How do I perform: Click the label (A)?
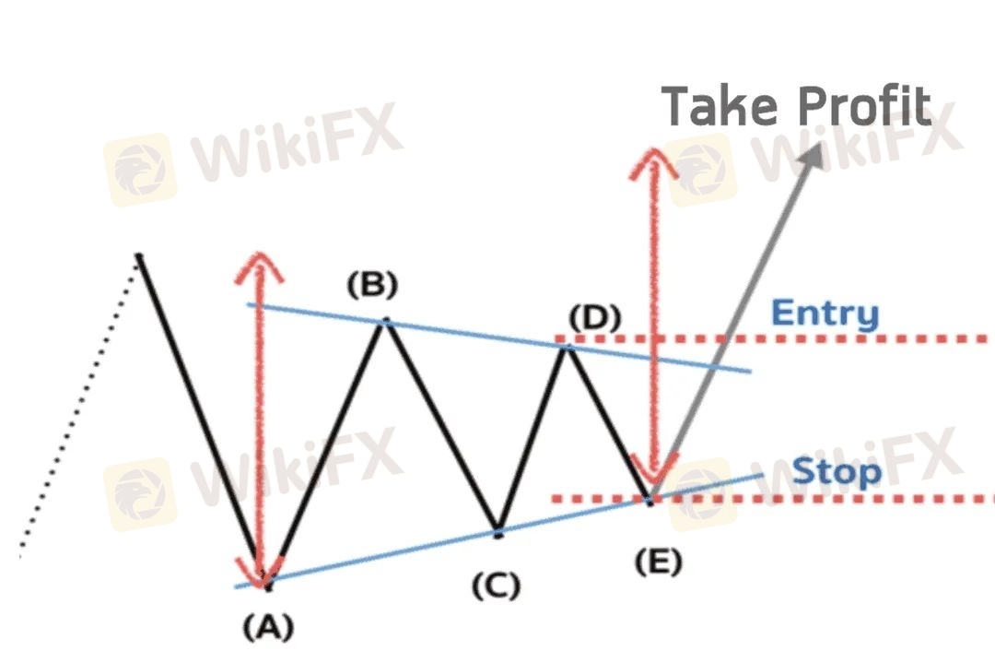coord(268,628)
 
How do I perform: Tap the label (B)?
coord(372,286)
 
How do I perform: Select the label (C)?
coord(497,586)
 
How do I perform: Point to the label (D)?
coord(595,319)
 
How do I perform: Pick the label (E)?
coord(658,562)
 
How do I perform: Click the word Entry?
coord(825,314)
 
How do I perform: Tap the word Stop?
coord(837,472)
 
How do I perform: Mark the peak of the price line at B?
coord(386,321)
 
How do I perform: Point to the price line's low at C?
coord(498,532)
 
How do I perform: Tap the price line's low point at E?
coord(650,500)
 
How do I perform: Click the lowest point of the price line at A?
coord(267,585)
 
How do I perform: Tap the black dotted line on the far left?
coord(78,407)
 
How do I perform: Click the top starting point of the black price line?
coord(139,254)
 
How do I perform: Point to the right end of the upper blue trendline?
coord(750,372)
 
